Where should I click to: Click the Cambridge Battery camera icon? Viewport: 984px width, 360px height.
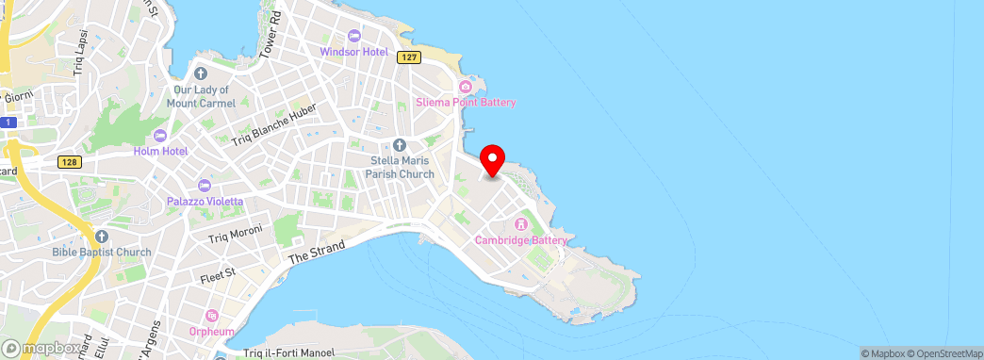tap(521, 224)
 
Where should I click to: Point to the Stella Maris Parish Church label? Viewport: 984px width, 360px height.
tap(402, 167)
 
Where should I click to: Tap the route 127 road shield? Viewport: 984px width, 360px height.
tap(408, 57)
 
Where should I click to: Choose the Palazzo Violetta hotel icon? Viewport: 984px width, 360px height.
tap(205, 185)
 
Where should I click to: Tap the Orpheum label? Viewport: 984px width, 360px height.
tap(212, 332)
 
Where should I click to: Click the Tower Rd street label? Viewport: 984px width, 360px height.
tap(271, 33)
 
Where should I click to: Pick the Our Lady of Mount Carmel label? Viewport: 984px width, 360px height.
tap(200, 96)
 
